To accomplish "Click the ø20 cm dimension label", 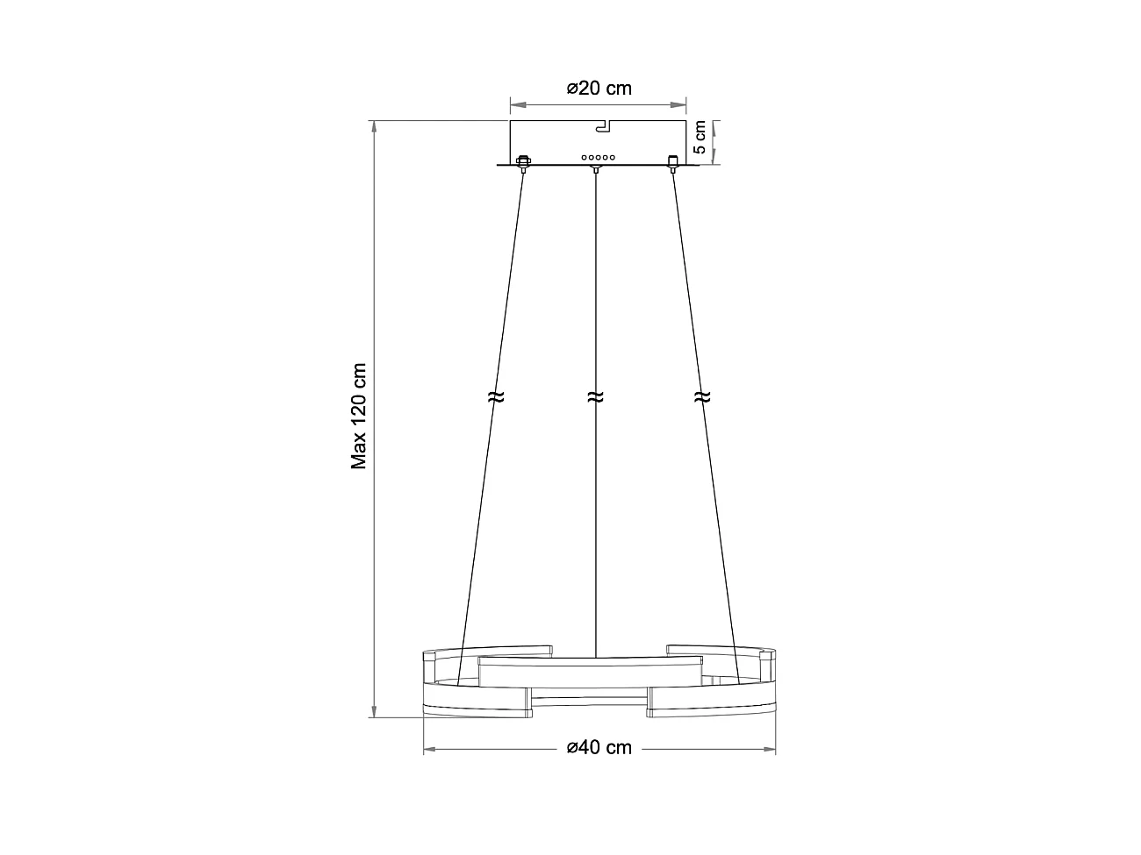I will click(x=599, y=88).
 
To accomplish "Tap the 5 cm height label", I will click(x=700, y=138).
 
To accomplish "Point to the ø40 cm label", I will click(x=599, y=748).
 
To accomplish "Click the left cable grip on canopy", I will click(x=523, y=162).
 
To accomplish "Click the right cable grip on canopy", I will click(x=673, y=162).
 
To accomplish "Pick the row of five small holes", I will click(x=597, y=158).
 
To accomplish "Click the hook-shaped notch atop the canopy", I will click(x=604, y=127).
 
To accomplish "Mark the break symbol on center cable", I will click(x=595, y=396).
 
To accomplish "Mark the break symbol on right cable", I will click(x=700, y=396).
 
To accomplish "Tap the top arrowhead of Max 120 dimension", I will click(x=375, y=125).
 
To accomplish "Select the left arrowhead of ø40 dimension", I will click(x=429, y=750).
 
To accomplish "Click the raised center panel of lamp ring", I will click(x=589, y=672).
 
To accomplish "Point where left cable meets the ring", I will click(x=458, y=682).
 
